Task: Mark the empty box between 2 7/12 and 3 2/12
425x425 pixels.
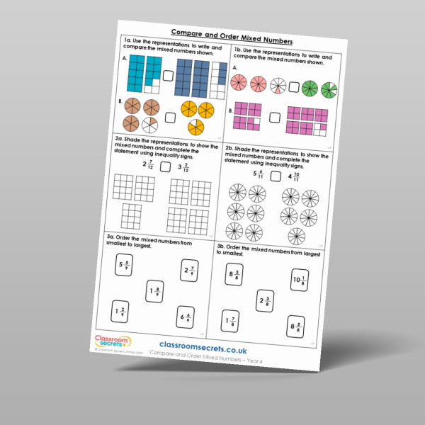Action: (x=165, y=167)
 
